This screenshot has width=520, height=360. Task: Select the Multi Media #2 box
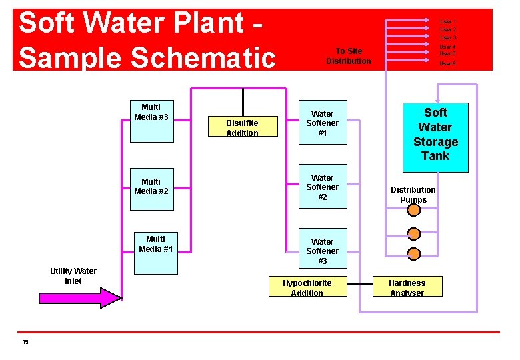(151, 186)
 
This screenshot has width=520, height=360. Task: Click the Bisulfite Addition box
(242, 127)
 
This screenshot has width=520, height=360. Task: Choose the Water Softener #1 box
(322, 123)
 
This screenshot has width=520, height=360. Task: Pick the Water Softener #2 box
(322, 187)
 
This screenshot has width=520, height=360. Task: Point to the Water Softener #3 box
(322, 251)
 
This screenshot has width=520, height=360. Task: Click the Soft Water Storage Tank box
(435, 135)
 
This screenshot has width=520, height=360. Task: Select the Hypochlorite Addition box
(307, 287)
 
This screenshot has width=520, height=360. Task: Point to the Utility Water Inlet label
(73, 276)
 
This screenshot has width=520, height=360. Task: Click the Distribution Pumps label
(413, 195)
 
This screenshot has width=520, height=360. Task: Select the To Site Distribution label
(348, 56)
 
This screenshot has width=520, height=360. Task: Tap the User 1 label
(447, 22)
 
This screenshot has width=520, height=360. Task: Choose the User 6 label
(447, 63)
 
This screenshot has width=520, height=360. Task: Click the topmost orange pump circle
(414, 210)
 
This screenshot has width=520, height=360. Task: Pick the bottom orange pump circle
(414, 253)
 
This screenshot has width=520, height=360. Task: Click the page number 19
(25, 342)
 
